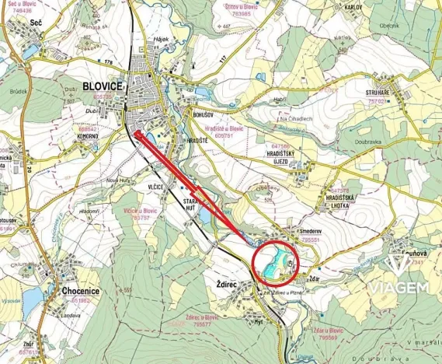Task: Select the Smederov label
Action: [x=308, y=233]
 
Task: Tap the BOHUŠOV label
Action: [x=198, y=114]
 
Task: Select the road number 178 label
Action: [x=108, y=61]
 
